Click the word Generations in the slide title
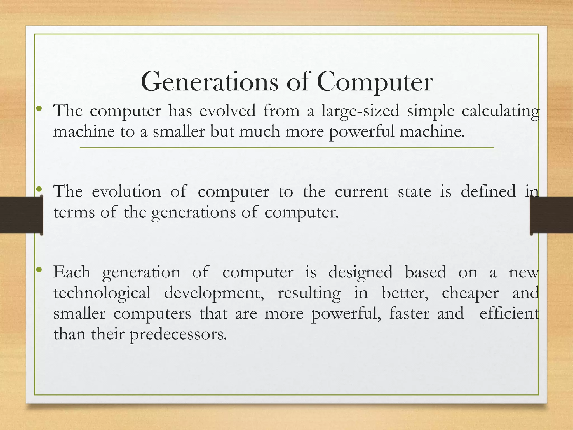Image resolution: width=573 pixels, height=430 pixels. click(210, 82)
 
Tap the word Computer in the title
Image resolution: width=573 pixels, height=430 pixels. click(375, 82)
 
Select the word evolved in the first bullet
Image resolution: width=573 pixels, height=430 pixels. click(227, 111)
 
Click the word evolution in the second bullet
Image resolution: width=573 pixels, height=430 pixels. click(126, 191)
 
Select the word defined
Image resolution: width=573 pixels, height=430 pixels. click(488, 191)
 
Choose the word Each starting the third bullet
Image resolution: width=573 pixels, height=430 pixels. click(72, 272)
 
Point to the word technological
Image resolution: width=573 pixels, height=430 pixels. click(102, 293)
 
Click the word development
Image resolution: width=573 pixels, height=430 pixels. click(214, 293)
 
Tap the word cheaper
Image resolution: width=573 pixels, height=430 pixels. click(470, 293)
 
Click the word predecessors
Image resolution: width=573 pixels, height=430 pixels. click(178, 334)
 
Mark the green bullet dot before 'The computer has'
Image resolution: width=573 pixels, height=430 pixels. click(39, 108)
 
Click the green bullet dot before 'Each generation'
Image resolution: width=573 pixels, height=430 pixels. click(39, 270)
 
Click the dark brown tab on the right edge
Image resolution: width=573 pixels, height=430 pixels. click(551, 215)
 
